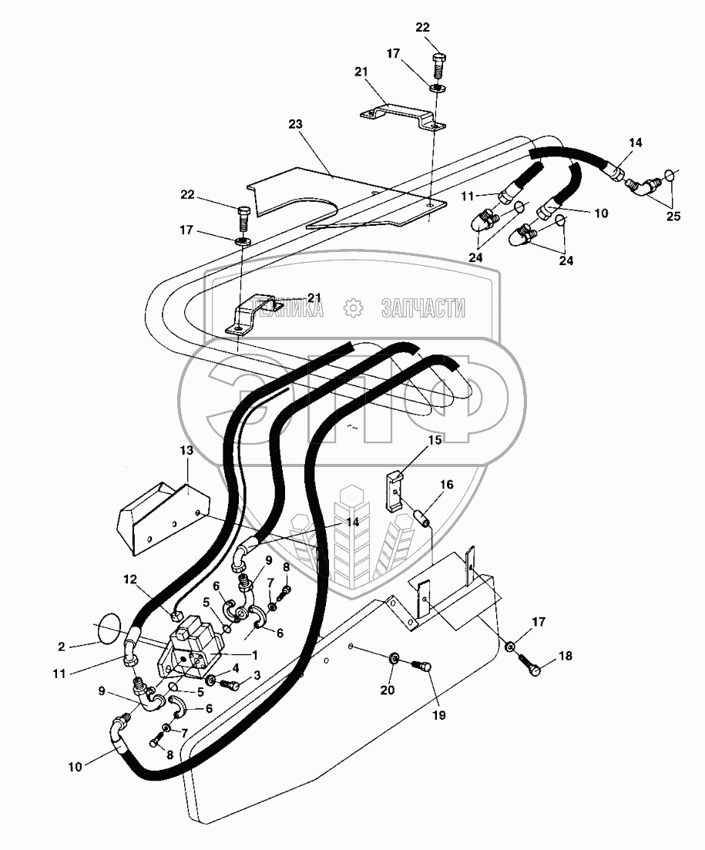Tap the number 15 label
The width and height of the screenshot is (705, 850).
pos(435,440)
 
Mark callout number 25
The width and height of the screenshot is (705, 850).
pos(673,217)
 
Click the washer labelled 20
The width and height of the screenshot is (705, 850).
pos(394,659)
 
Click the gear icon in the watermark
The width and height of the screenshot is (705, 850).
pos(354,309)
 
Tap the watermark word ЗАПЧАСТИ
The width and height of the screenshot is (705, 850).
pos(423,309)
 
